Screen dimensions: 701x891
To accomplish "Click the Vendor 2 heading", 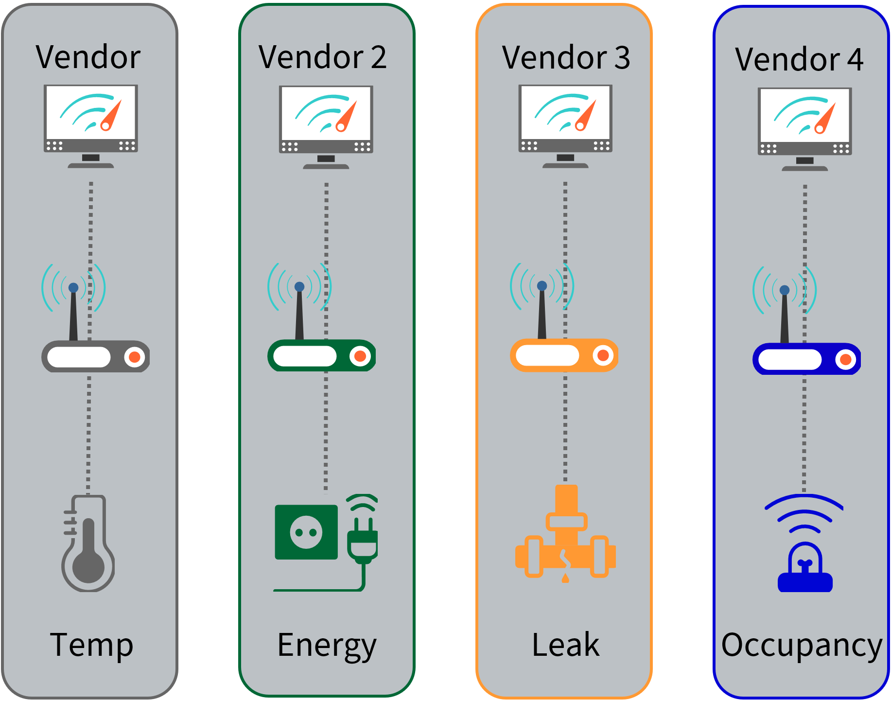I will coord(322,57).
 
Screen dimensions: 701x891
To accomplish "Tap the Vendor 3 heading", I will coord(566,58).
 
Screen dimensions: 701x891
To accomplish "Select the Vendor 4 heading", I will coord(799,60).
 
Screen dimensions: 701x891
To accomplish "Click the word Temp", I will coord(91,645).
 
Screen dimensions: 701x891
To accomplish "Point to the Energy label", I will coord(327,646).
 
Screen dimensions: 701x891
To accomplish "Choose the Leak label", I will coord(565,645).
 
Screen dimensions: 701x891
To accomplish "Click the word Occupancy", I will coord(802,646).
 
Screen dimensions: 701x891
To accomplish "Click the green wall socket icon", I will coord(306,532).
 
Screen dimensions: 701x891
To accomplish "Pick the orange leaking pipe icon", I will coord(565,535).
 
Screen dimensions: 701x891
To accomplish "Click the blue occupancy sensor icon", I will coord(805,569).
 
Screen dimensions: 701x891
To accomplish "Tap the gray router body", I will coord(95,357).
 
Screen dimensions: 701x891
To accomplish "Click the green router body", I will coord(321,356).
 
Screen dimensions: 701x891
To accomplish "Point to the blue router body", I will coord(806,359).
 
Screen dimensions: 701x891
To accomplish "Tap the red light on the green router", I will coord(360,356).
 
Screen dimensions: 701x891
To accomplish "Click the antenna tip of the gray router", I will coord(73,288).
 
